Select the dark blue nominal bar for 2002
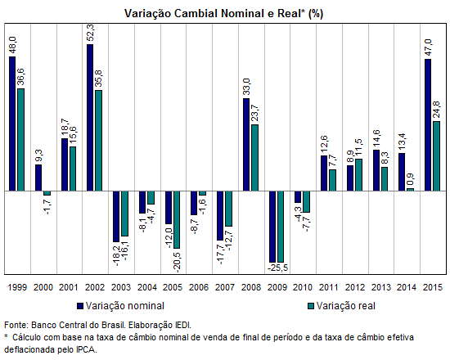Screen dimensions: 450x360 [90, 118]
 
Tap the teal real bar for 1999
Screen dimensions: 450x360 [21, 140]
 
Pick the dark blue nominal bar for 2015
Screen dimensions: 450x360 [428, 125]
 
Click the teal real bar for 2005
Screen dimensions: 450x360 [177, 219]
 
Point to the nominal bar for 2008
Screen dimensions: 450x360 [246, 145]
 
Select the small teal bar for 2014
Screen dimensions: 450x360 [411, 190]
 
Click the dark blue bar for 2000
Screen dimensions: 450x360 [38, 178]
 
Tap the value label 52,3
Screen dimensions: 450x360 [90, 33]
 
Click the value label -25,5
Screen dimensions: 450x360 [278, 268]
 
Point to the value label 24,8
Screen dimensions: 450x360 [436, 110]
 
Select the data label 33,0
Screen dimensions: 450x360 [246, 87]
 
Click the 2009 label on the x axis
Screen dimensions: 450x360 [277, 287]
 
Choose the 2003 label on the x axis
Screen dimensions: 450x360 [121, 287]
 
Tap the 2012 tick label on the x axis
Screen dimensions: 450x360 [355, 287]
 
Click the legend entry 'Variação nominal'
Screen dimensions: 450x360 [121, 306]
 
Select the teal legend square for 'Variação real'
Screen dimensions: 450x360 [311, 306]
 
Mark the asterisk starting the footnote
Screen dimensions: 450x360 [6, 335]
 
